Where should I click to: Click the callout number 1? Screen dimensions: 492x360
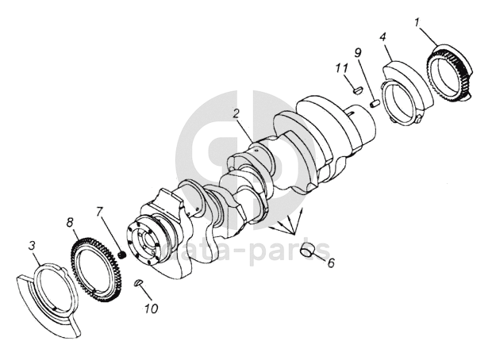(x=417, y=22)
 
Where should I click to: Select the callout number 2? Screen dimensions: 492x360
(x=236, y=113)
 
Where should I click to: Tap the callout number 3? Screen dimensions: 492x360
(x=32, y=246)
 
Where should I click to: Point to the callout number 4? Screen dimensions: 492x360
(x=382, y=36)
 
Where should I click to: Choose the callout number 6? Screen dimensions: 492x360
(x=331, y=262)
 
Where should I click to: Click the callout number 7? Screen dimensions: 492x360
(x=99, y=212)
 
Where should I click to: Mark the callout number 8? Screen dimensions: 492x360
(x=70, y=223)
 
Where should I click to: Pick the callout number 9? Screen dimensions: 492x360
(x=358, y=52)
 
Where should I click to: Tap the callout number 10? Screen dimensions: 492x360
(x=152, y=308)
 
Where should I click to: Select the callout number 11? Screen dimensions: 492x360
(x=341, y=67)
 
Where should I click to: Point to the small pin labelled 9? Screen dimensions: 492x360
(x=375, y=103)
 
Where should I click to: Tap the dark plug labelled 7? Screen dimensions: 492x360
(x=122, y=255)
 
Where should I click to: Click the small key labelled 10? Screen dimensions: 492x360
(x=138, y=282)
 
